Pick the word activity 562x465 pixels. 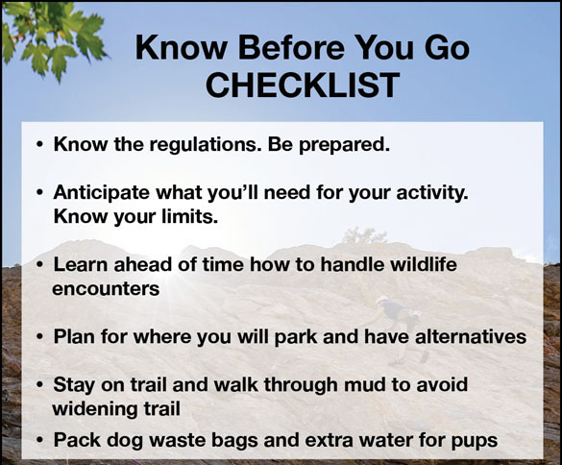tap(428, 192)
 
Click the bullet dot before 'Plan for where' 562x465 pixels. tap(39, 338)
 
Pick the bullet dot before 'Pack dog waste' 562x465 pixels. tap(39, 443)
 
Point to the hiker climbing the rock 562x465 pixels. tap(395, 323)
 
